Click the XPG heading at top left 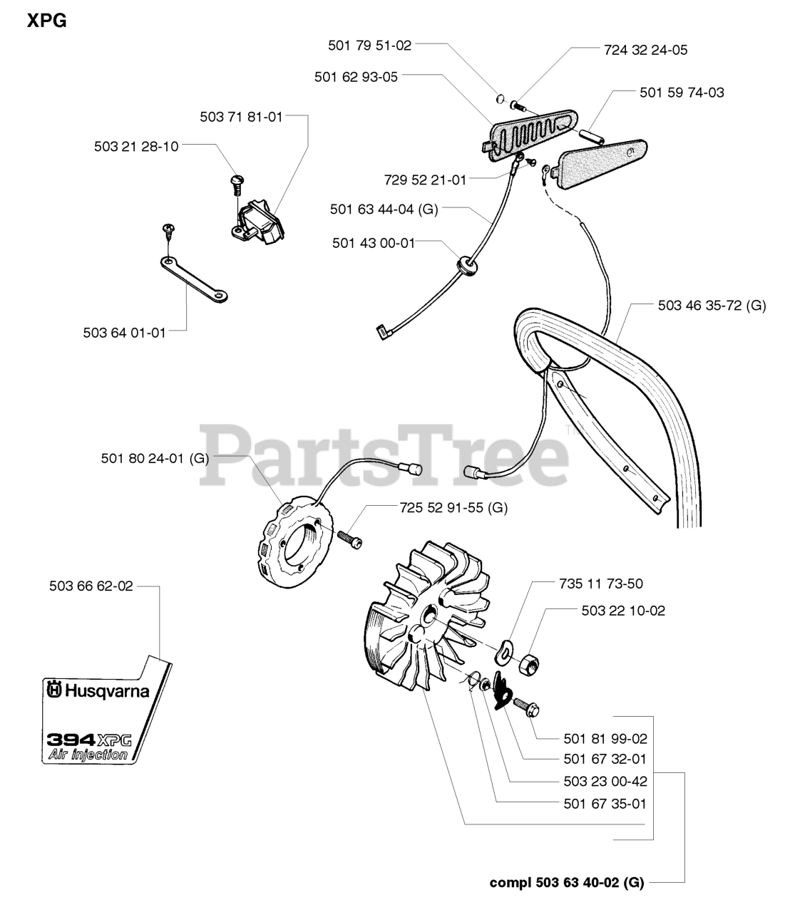pyautogui.click(x=47, y=21)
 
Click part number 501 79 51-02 pyautogui.click(x=369, y=45)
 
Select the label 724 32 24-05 pyautogui.click(x=645, y=50)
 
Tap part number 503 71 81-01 pyautogui.click(x=241, y=117)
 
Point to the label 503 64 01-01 pyautogui.click(x=124, y=332)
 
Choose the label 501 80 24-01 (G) pyautogui.click(x=155, y=458)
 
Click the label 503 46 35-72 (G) pyautogui.click(x=712, y=306)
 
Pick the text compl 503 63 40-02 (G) pyautogui.click(x=566, y=883)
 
